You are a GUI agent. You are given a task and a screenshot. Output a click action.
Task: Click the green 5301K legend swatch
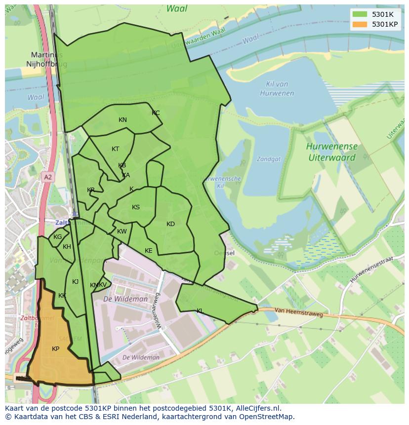click(360, 15)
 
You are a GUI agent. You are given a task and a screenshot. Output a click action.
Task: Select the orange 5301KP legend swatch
click(360, 24)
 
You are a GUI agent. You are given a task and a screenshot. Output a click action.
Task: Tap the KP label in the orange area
click(56, 349)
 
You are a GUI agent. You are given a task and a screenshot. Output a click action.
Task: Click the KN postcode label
click(123, 120)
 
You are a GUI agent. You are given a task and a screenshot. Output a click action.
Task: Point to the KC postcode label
click(156, 113)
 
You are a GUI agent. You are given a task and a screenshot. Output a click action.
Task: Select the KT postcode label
click(115, 149)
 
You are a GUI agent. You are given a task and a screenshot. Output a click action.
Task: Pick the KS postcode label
click(136, 207)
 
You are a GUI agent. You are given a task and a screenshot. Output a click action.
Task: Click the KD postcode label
click(170, 224)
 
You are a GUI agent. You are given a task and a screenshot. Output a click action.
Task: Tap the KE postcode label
click(149, 251)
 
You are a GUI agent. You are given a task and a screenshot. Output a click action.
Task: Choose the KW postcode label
click(122, 232)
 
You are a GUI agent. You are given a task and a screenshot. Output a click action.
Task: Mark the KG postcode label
click(58, 237)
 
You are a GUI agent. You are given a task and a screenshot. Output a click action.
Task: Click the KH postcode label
click(67, 247)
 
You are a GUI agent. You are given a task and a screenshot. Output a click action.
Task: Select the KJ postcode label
click(75, 282)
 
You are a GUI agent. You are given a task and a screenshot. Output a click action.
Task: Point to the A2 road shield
click(47, 177)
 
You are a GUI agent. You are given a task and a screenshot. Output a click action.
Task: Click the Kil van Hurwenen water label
click(276, 89)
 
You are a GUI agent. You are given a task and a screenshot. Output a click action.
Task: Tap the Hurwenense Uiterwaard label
click(331, 152)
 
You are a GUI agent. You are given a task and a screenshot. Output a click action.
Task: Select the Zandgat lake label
click(268, 159)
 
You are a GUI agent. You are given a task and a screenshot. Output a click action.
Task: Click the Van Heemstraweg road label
click(298, 312)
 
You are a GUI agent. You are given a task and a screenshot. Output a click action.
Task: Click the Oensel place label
click(224, 253)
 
